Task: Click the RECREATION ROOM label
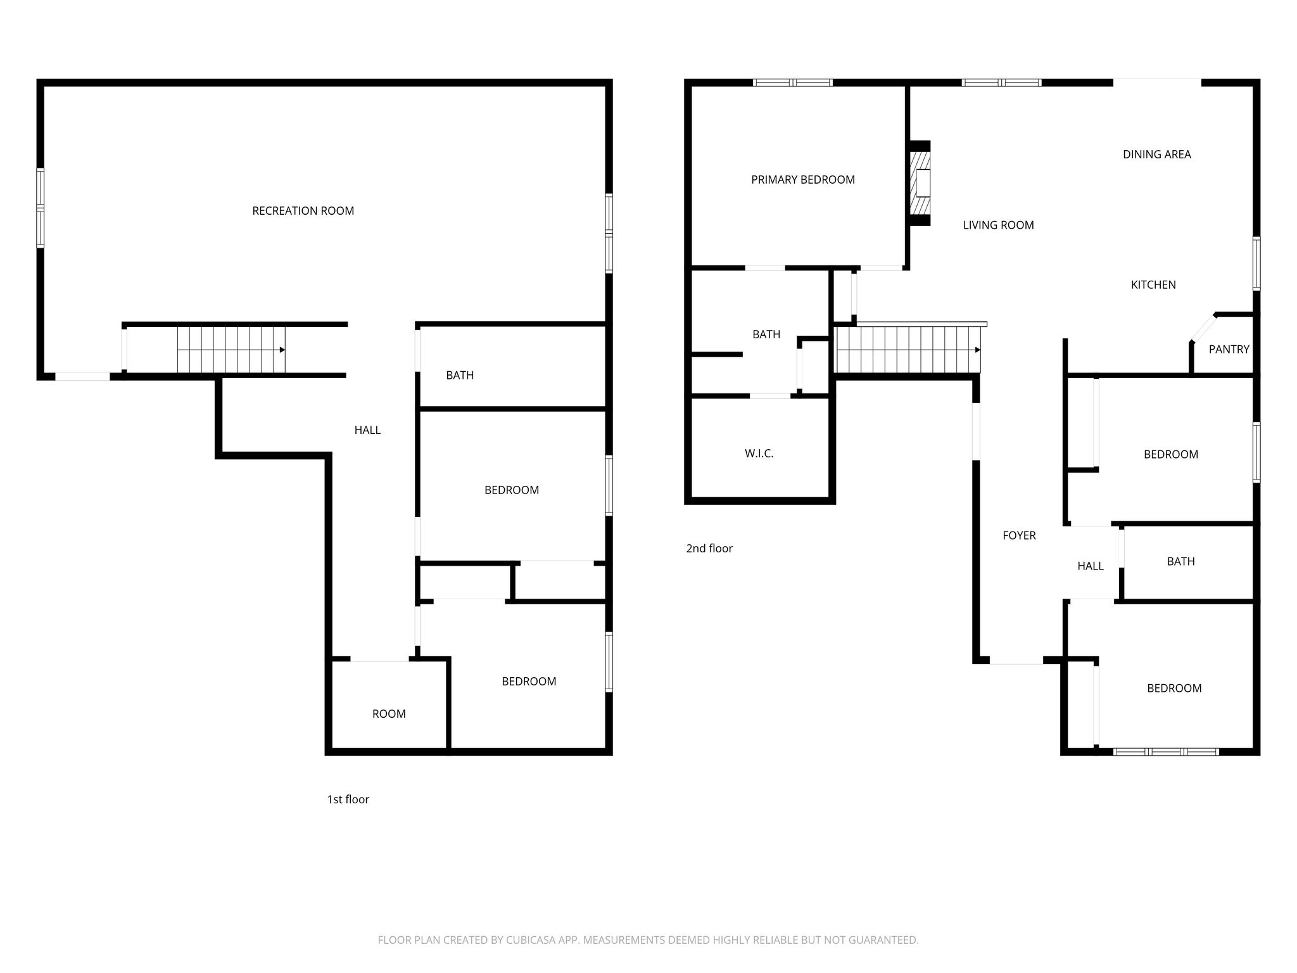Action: click(x=303, y=211)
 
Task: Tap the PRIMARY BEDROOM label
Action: click(x=803, y=180)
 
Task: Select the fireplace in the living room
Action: click(x=920, y=183)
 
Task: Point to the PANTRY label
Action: click(x=1229, y=349)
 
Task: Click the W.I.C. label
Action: click(x=759, y=454)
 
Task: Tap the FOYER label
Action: click(x=1019, y=535)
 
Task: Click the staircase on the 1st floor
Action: click(x=231, y=350)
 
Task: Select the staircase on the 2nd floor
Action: click(x=908, y=350)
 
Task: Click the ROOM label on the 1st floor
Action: click(x=389, y=714)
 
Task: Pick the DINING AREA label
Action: click(x=1156, y=155)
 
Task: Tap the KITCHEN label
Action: click(x=1153, y=285)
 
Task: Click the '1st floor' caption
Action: click(x=348, y=799)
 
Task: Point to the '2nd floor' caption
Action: click(x=709, y=549)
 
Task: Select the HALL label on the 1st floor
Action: click(x=367, y=430)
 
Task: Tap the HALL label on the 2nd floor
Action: click(x=1091, y=566)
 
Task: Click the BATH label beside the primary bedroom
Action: click(x=766, y=334)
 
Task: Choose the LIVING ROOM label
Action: click(x=998, y=225)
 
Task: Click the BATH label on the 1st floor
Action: click(x=460, y=375)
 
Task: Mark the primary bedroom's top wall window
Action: click(x=792, y=82)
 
